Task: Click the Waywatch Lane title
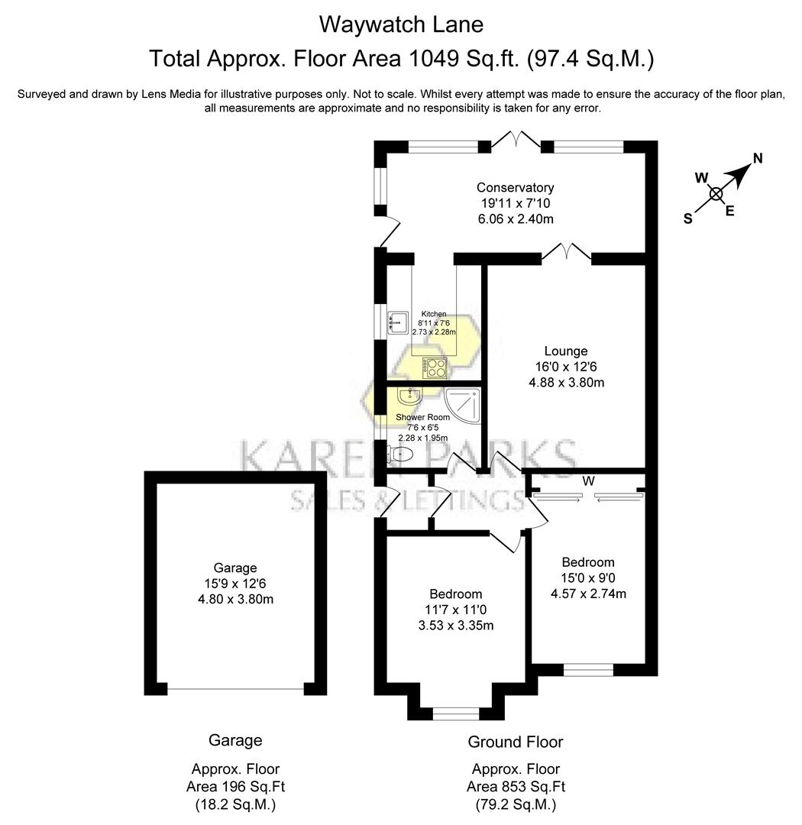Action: pos(400,24)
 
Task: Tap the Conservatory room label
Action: pos(515,188)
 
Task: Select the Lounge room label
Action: pos(566,351)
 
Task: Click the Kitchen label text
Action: pos(433,315)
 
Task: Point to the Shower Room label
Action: pos(422,418)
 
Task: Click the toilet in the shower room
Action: pos(400,455)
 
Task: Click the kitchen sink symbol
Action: pos(398,323)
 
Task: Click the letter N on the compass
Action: pos(758,159)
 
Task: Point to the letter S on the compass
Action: pos(687,218)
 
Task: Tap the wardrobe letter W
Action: pos(588,481)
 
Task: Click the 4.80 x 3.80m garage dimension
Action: pos(234,600)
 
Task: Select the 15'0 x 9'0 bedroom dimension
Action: pos(587,577)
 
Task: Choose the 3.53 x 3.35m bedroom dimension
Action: pos(455,626)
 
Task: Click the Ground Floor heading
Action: pos(515,742)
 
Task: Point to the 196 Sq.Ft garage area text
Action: pos(235,787)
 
